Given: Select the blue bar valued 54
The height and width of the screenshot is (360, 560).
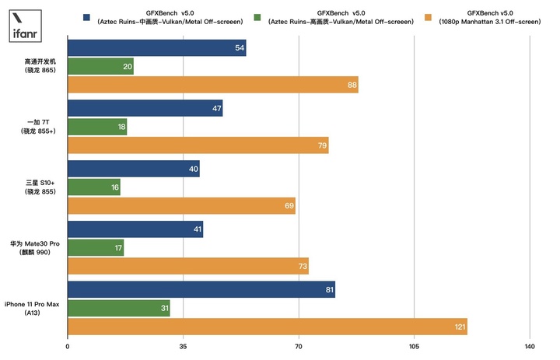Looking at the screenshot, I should click(x=157, y=48).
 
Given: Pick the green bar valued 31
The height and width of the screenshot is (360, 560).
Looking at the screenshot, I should click(x=119, y=308).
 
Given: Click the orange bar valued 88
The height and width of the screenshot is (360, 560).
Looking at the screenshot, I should click(x=213, y=85).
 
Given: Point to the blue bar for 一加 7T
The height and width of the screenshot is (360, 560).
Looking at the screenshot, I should click(x=145, y=108).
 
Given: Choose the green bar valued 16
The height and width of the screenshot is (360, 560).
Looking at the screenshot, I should click(x=94, y=187).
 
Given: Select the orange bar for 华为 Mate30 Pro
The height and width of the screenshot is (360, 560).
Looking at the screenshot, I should click(x=188, y=267).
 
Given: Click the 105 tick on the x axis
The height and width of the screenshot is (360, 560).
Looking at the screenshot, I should click(x=414, y=346).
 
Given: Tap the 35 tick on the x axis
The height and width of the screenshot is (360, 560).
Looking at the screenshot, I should click(x=183, y=346).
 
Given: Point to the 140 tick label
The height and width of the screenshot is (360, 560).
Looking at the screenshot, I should click(x=530, y=346).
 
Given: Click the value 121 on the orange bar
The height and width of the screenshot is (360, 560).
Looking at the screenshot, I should click(x=460, y=327).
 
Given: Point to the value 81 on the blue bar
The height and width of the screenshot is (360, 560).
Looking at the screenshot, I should click(x=329, y=289).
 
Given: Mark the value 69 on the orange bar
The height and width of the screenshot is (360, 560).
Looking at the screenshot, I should click(x=289, y=206).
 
